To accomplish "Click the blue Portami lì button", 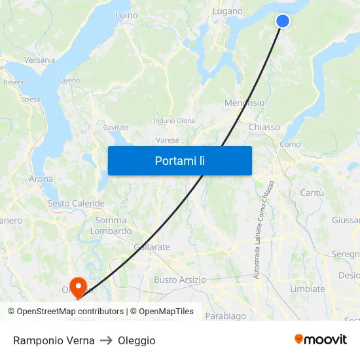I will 179,160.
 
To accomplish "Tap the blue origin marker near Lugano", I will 283,21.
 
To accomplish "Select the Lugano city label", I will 228,11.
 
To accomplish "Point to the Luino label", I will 126,14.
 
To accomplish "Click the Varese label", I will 168,140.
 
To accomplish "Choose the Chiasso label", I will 264,127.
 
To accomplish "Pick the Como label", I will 290,144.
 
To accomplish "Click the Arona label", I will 41,178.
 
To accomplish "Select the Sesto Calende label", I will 76,204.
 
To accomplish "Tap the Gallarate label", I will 152,247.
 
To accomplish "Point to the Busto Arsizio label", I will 179,279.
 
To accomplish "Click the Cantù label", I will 312,192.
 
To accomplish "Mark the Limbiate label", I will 307,289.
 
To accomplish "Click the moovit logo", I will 321,339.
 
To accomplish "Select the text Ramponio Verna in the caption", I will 54,340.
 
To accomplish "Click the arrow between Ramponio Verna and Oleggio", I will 106,340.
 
